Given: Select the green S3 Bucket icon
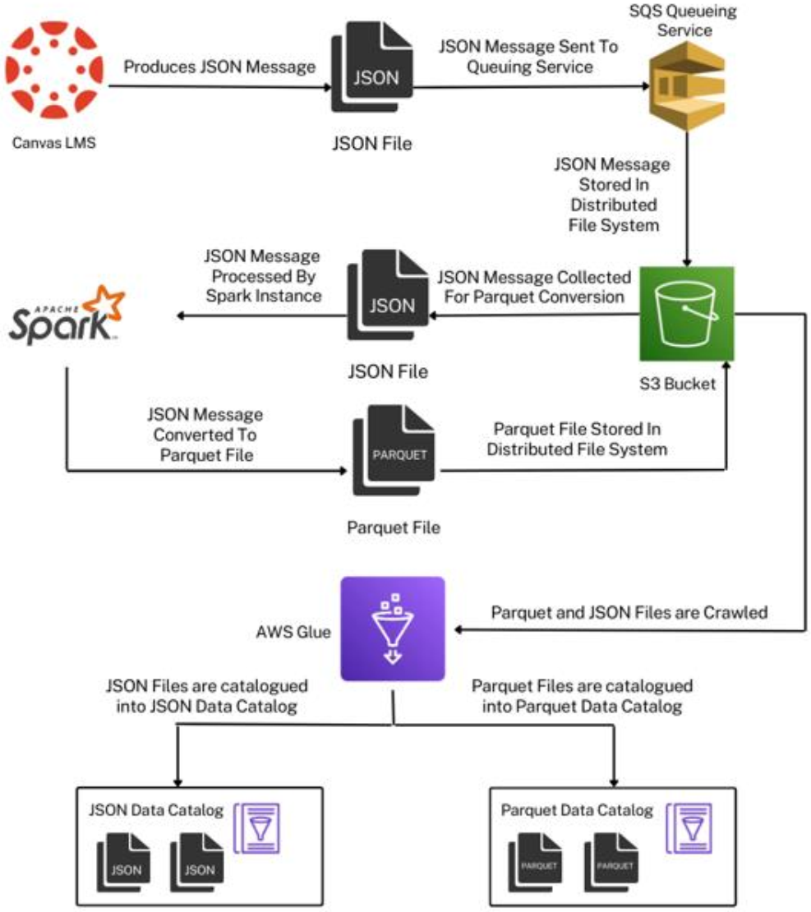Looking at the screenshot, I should (687, 314).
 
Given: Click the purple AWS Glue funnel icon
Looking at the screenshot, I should (393, 629).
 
